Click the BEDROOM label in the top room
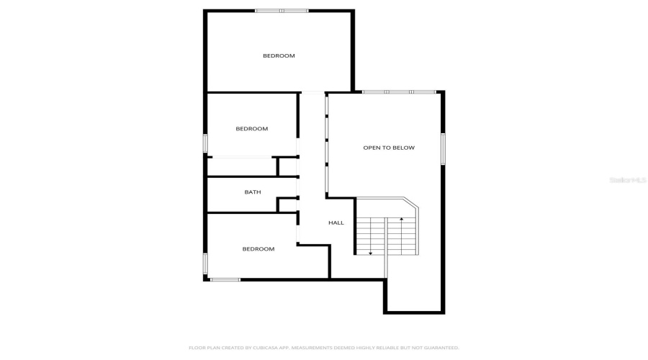[279, 55]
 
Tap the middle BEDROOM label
[252, 129]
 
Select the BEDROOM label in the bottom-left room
[258, 249]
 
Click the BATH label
[253, 192]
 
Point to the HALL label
[336, 223]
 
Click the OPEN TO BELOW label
[389, 148]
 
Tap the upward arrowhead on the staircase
[401, 217]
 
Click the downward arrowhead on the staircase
[370, 252]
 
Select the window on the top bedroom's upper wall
[282, 11]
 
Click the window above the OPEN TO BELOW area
[399, 92]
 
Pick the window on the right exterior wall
[443, 149]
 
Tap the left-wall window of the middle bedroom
[205, 143]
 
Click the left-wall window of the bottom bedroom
[205, 264]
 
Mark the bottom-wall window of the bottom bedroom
[225, 279]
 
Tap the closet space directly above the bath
[242, 166]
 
